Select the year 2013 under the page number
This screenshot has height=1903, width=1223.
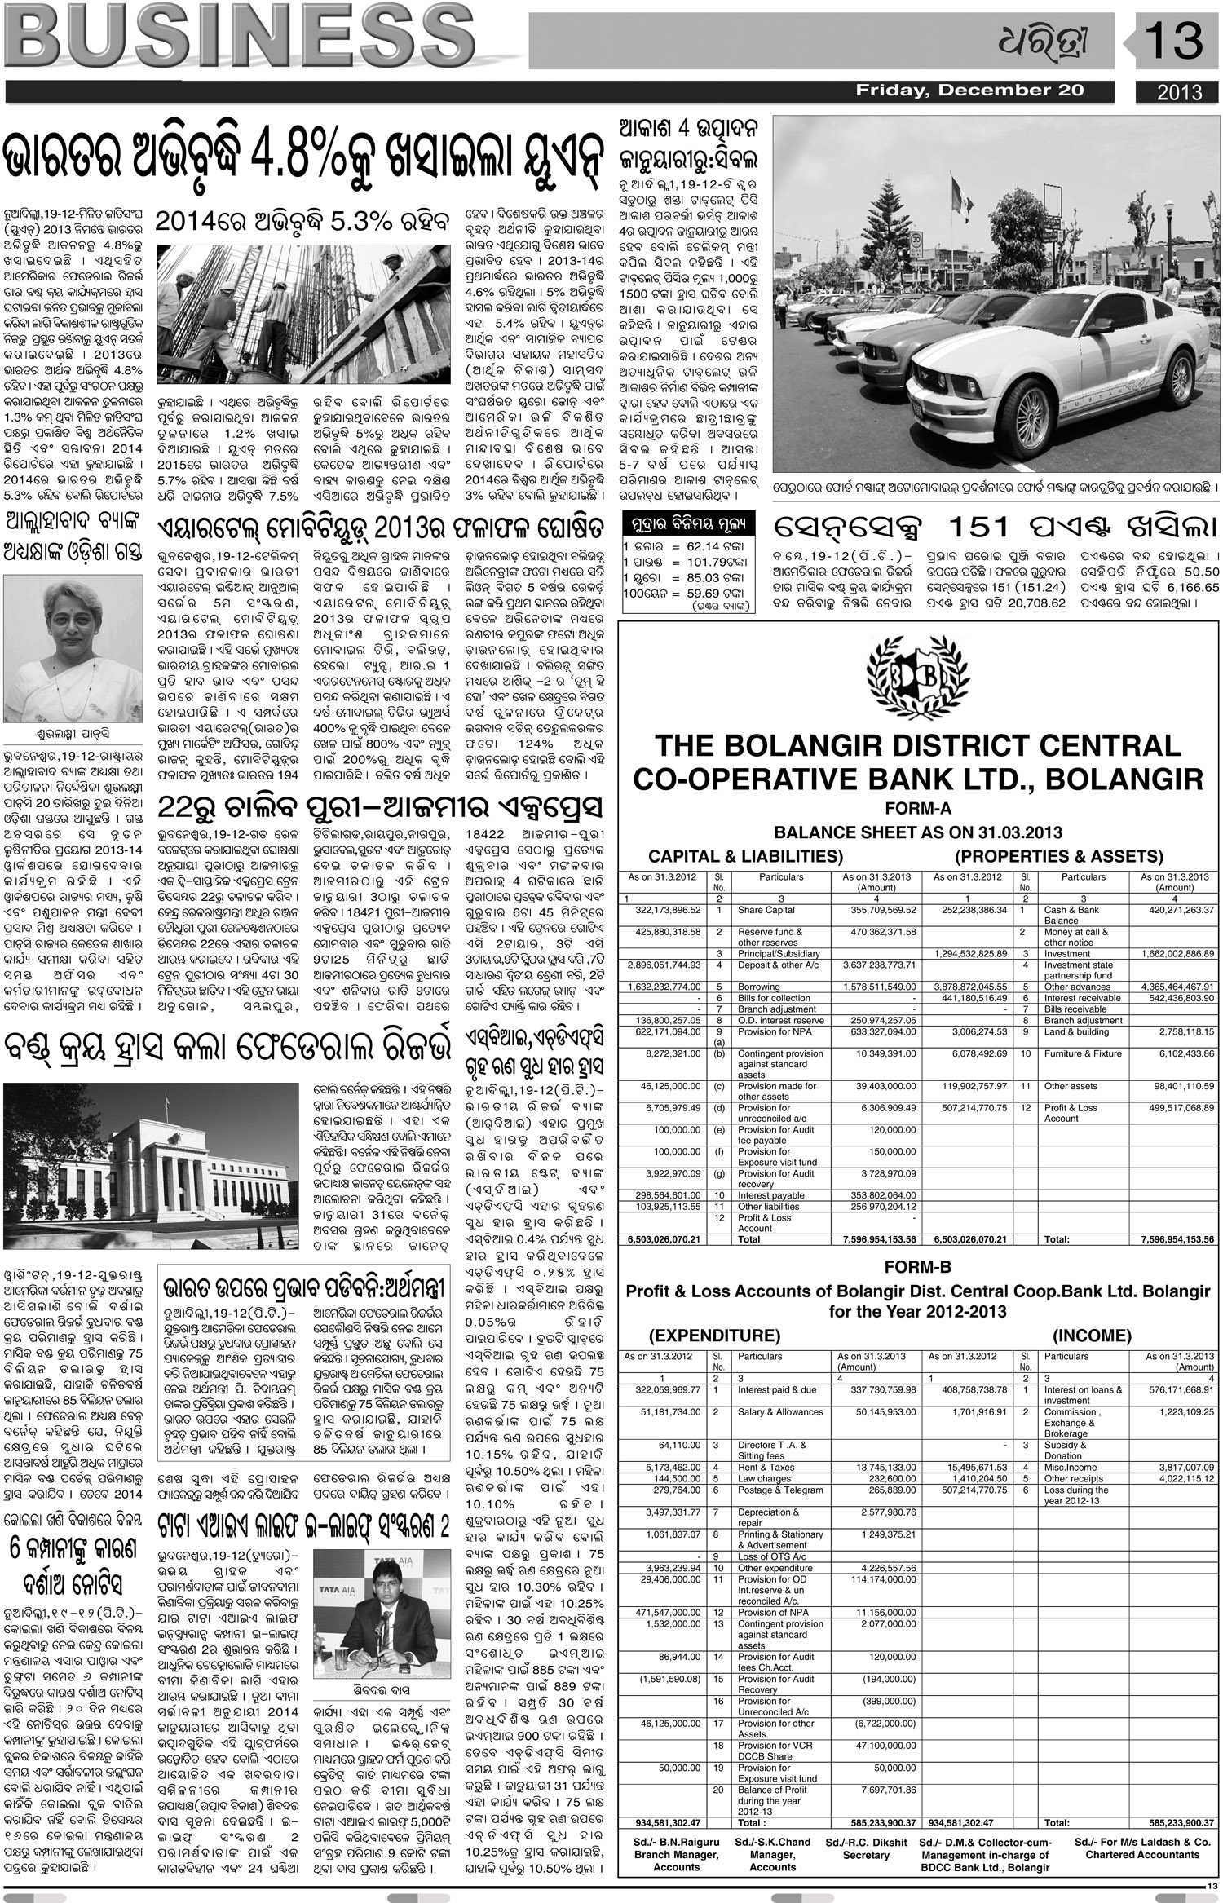pos(1180,92)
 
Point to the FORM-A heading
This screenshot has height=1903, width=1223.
pos(918,809)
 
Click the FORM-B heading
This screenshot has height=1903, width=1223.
pos(918,1267)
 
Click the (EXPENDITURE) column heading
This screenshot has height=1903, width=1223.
pos(714,1336)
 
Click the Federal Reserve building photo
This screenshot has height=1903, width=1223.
pos(151,1166)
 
